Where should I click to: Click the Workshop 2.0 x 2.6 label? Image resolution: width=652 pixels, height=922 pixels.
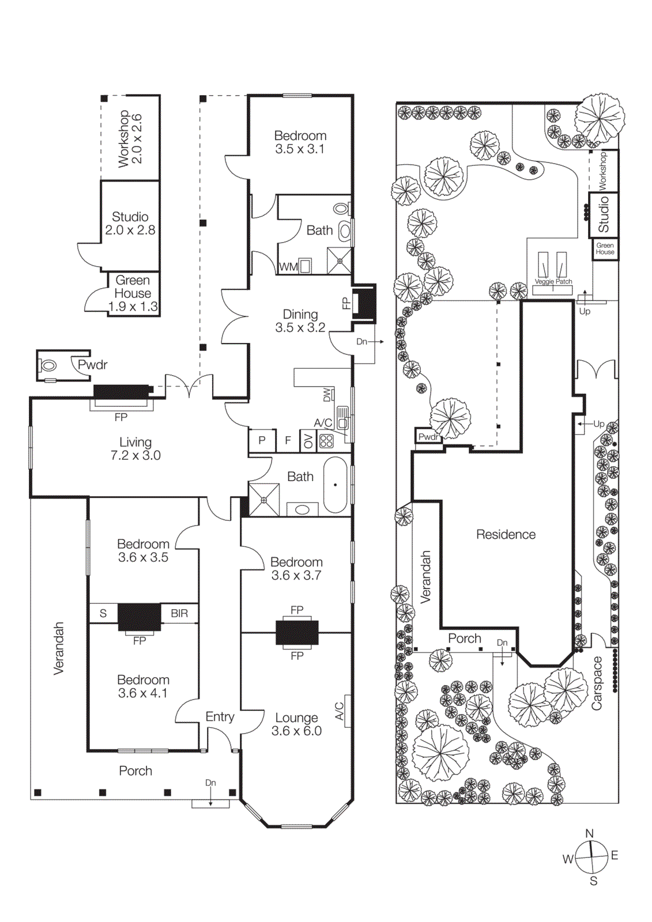(x=130, y=139)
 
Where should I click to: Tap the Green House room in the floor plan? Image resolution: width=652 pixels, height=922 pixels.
(x=133, y=293)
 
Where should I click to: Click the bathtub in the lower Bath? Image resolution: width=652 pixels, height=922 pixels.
(x=335, y=485)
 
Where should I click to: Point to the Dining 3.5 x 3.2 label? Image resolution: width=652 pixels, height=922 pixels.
(x=300, y=321)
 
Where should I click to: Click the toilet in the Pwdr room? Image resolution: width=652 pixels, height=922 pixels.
(x=48, y=365)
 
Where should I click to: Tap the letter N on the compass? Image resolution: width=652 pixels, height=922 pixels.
(x=589, y=833)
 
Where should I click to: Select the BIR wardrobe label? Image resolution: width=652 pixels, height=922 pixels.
(x=179, y=613)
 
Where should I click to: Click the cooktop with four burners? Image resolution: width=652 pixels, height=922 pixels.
(x=326, y=441)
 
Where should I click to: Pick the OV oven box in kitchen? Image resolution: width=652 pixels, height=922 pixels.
(x=308, y=441)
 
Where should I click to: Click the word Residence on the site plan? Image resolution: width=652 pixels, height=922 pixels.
(x=506, y=535)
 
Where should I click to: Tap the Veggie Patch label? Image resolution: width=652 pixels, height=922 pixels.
(x=553, y=282)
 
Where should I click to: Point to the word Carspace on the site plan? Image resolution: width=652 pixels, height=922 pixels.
(x=597, y=683)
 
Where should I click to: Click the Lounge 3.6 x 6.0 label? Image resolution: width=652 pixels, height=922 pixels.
(x=296, y=724)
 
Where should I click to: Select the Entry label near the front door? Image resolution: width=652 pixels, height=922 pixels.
(x=220, y=717)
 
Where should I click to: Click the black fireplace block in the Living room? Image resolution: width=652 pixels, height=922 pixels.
(x=121, y=391)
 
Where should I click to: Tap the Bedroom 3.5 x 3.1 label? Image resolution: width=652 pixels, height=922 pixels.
(x=300, y=142)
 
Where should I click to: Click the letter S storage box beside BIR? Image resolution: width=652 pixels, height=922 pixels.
(x=103, y=613)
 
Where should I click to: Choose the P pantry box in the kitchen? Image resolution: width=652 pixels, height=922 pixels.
(x=262, y=441)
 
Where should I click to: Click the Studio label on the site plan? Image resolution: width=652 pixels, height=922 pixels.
(x=603, y=214)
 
